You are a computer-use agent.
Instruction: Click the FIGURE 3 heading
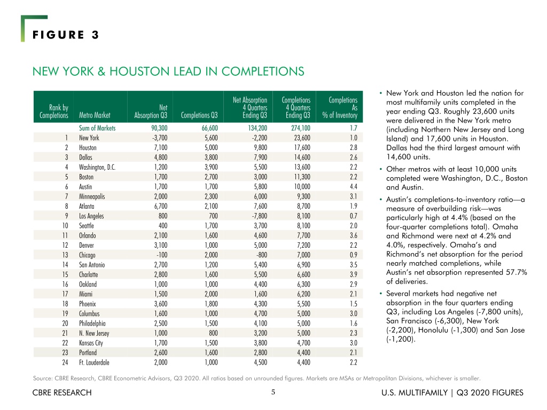(x=66, y=35)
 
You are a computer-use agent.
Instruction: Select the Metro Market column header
(x=95, y=115)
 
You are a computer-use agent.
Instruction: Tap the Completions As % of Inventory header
(x=340, y=107)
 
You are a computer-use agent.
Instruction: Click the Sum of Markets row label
(x=97, y=128)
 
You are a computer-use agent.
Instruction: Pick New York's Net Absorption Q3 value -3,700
(x=159, y=138)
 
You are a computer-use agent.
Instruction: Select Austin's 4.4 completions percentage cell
(x=354, y=186)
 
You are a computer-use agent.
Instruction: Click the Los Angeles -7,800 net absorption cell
(x=259, y=216)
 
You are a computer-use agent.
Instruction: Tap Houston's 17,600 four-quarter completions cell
(x=302, y=147)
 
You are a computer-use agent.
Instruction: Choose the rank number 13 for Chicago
(x=65, y=255)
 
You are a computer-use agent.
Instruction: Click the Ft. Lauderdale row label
(x=94, y=362)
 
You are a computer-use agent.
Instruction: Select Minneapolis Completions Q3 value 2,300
(x=211, y=196)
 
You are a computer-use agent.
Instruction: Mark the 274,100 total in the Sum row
(x=301, y=128)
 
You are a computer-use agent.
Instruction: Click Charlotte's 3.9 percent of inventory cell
(x=354, y=274)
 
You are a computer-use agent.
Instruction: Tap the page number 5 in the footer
(x=273, y=392)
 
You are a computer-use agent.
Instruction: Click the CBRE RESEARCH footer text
(x=62, y=392)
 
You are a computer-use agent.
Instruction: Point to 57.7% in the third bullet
(x=517, y=272)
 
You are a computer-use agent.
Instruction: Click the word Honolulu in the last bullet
(x=433, y=330)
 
